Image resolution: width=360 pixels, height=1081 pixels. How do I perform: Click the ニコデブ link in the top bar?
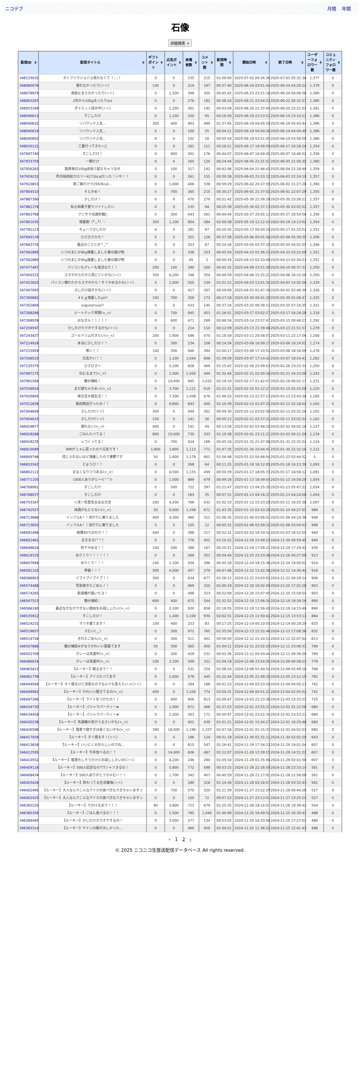tap(14, 9)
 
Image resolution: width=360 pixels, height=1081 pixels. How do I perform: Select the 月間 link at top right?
tap(331, 9)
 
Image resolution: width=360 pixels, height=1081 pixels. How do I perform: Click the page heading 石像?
tap(180, 28)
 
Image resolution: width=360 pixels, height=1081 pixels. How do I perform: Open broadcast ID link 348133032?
tap(29, 78)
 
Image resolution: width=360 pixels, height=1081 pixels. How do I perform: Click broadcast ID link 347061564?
tap(29, 381)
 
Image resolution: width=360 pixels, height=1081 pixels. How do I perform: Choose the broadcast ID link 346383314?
tap(29, 828)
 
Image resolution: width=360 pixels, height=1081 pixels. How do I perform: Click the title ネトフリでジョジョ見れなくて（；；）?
tap(92, 78)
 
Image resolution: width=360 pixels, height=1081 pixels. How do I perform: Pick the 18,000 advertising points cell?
tap(174, 730)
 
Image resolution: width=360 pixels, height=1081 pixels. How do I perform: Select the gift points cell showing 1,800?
tap(156, 449)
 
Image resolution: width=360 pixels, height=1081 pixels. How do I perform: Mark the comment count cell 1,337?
tap(207, 730)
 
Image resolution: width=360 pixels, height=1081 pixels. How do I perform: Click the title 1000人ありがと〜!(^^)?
tap(92, 480)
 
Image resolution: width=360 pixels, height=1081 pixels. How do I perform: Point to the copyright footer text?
tap(180, 850)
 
